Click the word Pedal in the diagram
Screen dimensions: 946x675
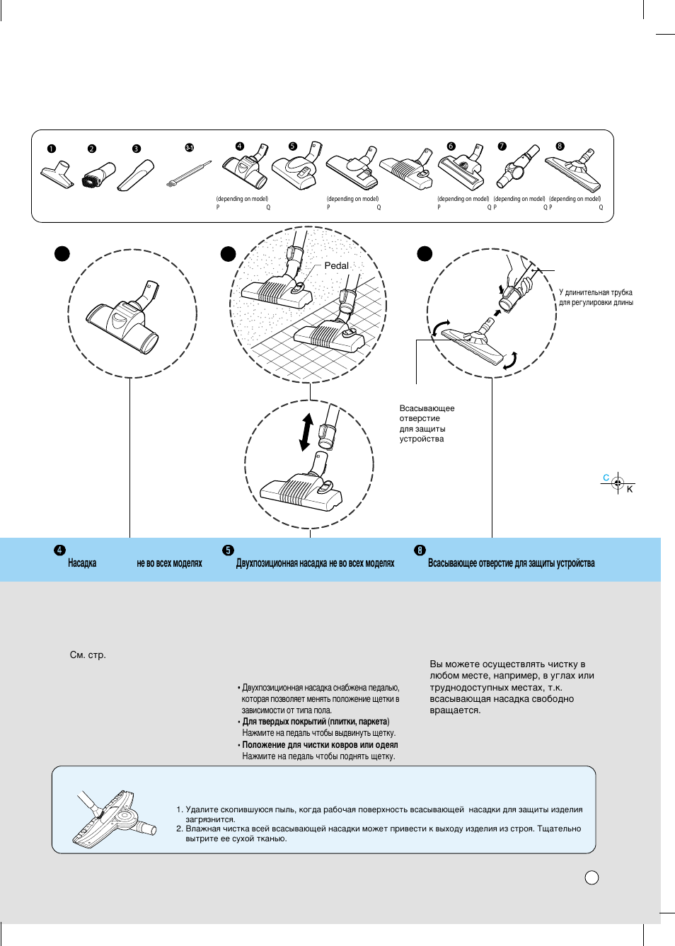tap(336, 265)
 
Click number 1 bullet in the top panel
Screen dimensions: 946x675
tap(52, 149)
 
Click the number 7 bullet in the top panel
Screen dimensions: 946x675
tap(502, 146)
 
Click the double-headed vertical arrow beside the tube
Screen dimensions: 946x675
tap(306, 432)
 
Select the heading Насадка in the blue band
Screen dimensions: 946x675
tap(82, 563)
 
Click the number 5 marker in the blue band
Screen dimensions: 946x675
tap(228, 550)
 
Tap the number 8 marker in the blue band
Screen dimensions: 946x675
tap(420, 550)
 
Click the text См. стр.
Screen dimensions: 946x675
tap(88, 655)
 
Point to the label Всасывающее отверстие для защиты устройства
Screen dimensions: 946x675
tap(427, 423)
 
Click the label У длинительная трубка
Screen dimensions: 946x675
tap(595, 292)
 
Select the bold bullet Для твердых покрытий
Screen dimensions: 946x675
tap(316, 722)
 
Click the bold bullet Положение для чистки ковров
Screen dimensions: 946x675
tap(320, 745)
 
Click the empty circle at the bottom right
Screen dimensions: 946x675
tap(592, 877)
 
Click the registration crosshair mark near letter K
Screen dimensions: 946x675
tap(618, 483)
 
